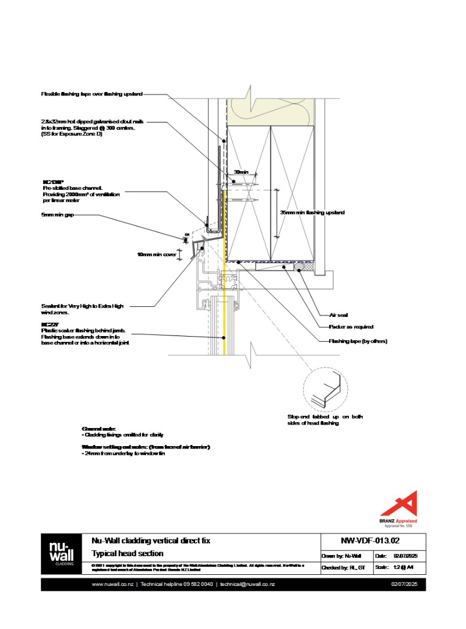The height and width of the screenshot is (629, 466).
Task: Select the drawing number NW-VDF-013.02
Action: click(x=373, y=540)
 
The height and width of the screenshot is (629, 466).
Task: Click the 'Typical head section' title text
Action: click(x=128, y=554)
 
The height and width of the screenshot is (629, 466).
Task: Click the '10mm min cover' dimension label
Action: click(x=156, y=255)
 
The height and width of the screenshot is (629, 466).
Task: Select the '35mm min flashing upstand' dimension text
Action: click(x=312, y=213)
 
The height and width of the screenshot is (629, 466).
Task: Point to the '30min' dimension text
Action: click(x=241, y=172)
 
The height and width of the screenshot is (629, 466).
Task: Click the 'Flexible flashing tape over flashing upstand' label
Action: click(x=91, y=93)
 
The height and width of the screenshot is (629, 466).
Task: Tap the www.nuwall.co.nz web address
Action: click(x=114, y=584)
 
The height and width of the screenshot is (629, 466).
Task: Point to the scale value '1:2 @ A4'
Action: click(x=403, y=567)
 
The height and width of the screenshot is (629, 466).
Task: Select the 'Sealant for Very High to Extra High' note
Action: click(x=82, y=306)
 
